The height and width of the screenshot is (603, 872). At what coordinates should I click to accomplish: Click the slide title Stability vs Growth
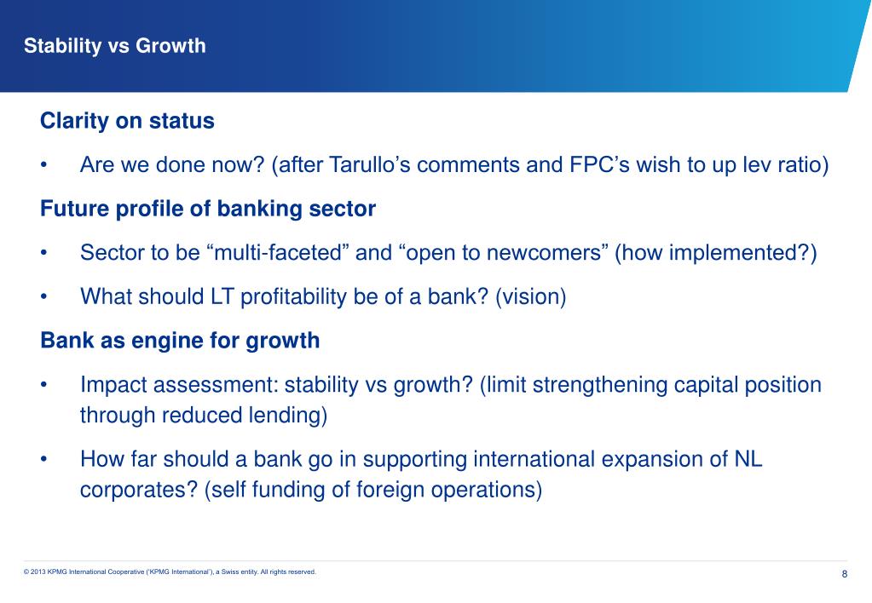[115, 46]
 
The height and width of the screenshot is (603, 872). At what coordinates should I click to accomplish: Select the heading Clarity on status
[127, 121]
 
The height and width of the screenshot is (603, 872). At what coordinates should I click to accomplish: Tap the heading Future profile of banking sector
[208, 209]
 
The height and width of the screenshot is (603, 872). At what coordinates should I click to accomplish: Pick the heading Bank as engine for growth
[180, 342]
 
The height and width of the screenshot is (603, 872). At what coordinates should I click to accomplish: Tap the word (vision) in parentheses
[530, 297]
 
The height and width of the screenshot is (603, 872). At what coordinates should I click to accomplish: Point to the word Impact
[109, 386]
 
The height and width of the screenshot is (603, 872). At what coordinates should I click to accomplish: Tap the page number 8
[844, 574]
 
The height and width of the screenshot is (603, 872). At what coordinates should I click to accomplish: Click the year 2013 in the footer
[41, 572]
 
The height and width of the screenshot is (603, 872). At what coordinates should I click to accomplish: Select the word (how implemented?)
[715, 253]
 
